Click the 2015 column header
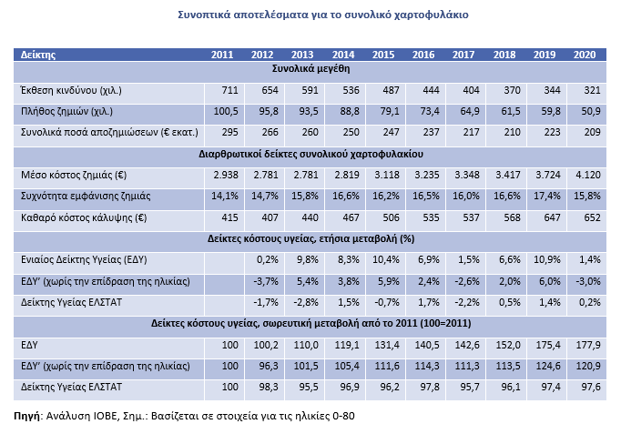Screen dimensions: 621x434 tap(383, 55)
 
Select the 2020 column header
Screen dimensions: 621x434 tap(585, 55)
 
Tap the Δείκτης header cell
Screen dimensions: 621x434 tap(38, 55)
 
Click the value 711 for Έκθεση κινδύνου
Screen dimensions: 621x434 tap(229, 91)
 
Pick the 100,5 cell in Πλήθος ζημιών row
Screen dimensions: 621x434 tap(226, 112)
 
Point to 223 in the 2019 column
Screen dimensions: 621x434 tap(552, 133)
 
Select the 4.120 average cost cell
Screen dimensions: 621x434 tap(588, 175)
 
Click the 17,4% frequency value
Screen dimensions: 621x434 tap(547, 196)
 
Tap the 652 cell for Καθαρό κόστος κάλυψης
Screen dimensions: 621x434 tap(592, 217)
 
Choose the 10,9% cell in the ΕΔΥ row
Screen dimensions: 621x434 tap(547, 260)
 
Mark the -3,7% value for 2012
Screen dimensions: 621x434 tap(266, 281)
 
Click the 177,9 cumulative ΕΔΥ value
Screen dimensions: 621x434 tap(588, 345)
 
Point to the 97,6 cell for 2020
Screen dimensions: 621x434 tap(591, 387)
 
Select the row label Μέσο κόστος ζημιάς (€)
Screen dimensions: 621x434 tap(74, 175)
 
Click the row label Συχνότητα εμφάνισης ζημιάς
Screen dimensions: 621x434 tap(86, 196)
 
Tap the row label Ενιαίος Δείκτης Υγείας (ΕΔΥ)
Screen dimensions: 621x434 tap(84, 260)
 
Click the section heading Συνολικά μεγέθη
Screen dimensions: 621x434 tap(310, 69)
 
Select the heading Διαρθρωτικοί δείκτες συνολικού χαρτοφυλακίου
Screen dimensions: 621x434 tap(310, 154)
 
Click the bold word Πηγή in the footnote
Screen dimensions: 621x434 tap(27, 416)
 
